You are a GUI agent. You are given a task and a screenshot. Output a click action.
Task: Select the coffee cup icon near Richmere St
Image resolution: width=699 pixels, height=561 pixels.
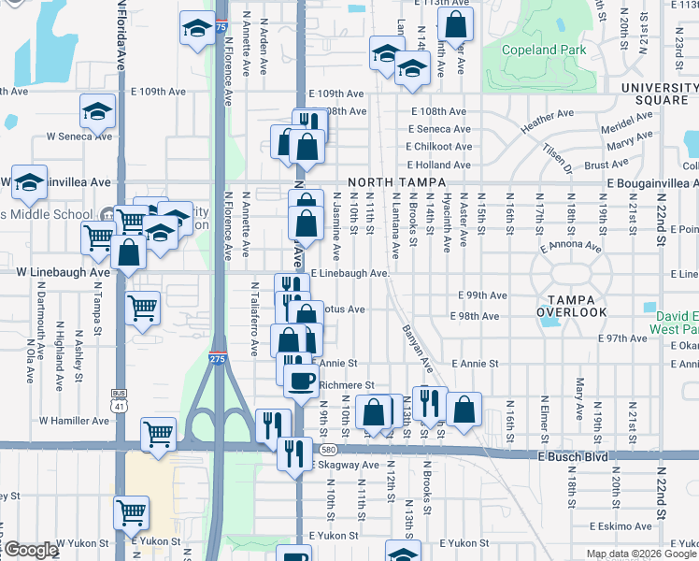click(x=300, y=381)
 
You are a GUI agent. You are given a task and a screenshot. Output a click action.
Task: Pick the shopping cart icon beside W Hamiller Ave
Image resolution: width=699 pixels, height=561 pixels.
click(x=157, y=433)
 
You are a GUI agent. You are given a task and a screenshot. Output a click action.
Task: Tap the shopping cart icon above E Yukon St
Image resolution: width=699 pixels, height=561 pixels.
click(x=130, y=511)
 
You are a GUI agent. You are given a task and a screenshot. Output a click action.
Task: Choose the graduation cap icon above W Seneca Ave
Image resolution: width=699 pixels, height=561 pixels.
click(x=97, y=112)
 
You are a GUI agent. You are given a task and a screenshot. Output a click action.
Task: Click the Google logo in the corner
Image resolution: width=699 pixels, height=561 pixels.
click(x=30, y=550)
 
